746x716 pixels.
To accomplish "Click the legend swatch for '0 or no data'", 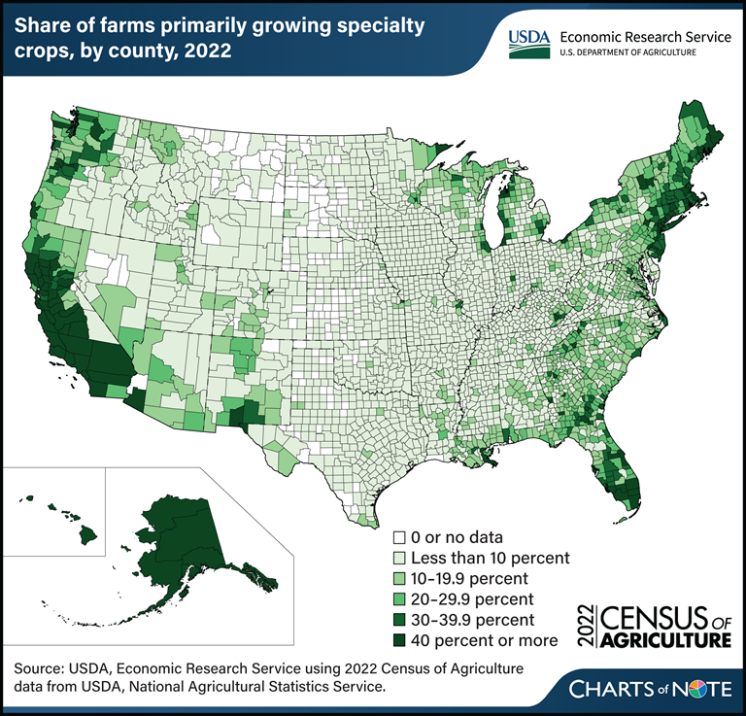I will coord(398,537).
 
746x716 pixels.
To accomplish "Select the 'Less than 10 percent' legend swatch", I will coord(398,558).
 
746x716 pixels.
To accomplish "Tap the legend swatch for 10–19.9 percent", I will coord(398,578).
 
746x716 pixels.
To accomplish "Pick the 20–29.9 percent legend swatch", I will coord(398,598).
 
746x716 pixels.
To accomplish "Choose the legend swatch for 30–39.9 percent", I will coord(398,619).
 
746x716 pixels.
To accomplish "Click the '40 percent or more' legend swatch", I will coord(398,639).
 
